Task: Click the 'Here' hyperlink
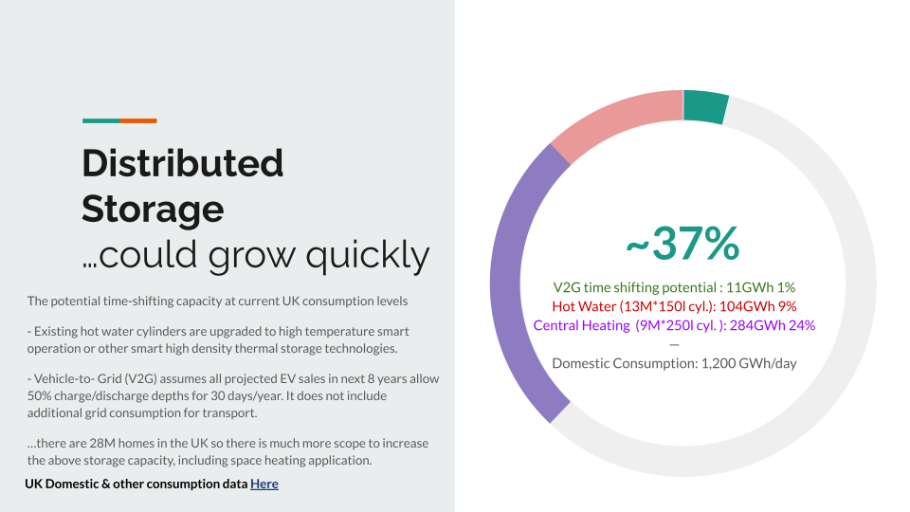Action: [x=264, y=484]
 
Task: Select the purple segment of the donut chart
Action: [x=506, y=284]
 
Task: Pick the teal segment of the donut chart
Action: [x=704, y=106]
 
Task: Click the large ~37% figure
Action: [x=683, y=244]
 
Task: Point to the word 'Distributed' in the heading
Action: [x=182, y=163]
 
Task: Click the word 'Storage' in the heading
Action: [x=153, y=209]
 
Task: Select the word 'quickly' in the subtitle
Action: [x=368, y=255]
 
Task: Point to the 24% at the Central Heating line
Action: [x=802, y=325]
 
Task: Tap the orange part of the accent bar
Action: [x=138, y=120]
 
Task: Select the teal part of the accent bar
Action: [x=101, y=120]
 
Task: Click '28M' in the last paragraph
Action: [x=100, y=443]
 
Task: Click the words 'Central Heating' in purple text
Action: [x=581, y=325]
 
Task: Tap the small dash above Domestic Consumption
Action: [x=674, y=345]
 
